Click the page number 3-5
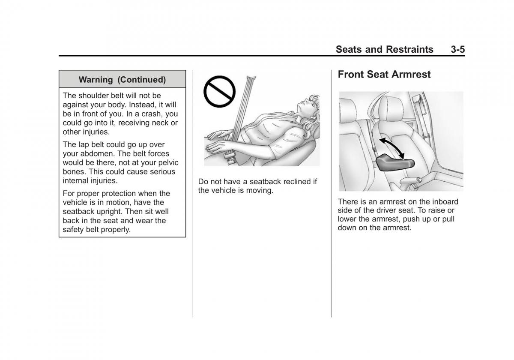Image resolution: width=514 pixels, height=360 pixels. tap(457, 49)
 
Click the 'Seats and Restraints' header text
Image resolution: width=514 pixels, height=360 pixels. tap(384, 49)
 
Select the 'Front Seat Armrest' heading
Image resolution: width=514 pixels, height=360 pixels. tap(384, 75)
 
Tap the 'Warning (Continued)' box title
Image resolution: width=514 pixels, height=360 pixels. tap(122, 80)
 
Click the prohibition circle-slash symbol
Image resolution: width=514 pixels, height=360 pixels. tap(219, 91)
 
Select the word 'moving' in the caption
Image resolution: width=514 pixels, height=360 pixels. tap(259, 190)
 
